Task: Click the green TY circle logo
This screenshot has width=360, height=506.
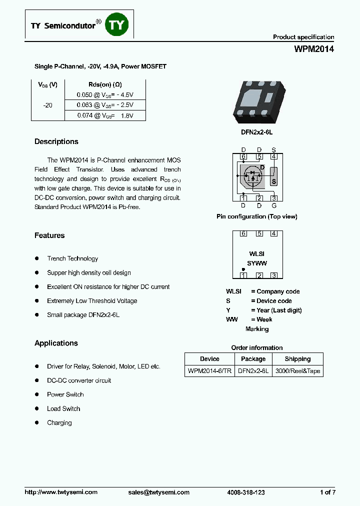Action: pyautogui.click(x=117, y=24)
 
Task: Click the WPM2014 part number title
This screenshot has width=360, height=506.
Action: pyautogui.click(x=313, y=49)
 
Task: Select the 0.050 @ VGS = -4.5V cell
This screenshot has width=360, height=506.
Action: pyautogui.click(x=105, y=94)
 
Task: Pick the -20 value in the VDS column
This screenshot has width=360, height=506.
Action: pyautogui.click(x=48, y=105)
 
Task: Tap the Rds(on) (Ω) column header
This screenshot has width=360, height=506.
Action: pyautogui.click(x=105, y=84)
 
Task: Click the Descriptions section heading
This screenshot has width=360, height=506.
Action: pyautogui.click(x=56, y=141)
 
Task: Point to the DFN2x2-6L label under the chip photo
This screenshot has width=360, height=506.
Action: pyautogui.click(x=256, y=132)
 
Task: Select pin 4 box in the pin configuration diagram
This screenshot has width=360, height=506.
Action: pyautogui.click(x=273, y=156)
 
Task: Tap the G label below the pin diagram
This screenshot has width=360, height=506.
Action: pyautogui.click(x=273, y=205)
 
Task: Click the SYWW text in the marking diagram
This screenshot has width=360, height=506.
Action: pyautogui.click(x=257, y=263)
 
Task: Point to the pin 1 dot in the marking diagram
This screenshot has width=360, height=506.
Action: pyautogui.click(x=243, y=269)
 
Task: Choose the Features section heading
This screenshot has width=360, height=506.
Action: pyautogui.click(x=49, y=235)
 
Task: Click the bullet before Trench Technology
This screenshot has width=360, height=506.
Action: pyautogui.click(x=37, y=258)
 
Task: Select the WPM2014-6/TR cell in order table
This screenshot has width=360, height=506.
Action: pyautogui.click(x=209, y=371)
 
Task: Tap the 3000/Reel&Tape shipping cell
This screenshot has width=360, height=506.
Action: pyautogui.click(x=298, y=371)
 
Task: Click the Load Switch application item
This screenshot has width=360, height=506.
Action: pyautogui.click(x=63, y=408)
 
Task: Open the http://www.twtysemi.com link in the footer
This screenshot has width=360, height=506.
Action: pyautogui.click(x=61, y=492)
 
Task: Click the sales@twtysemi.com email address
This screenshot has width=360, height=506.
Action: pyautogui.click(x=159, y=492)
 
